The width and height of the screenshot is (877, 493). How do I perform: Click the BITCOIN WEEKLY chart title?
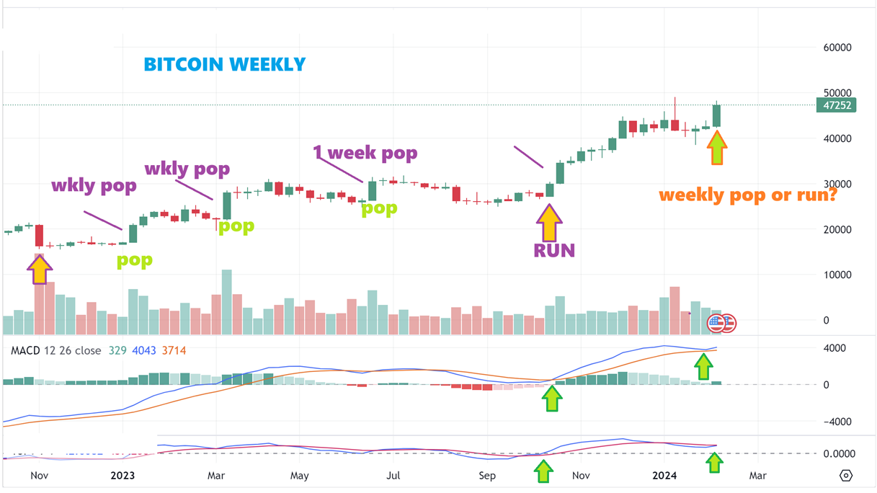tap(225, 65)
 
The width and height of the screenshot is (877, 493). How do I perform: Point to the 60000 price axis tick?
tap(837, 48)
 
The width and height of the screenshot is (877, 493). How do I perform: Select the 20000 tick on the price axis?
tap(837, 229)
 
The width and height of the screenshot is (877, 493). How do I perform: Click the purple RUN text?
tap(554, 250)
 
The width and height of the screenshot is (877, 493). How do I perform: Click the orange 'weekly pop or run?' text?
tap(747, 195)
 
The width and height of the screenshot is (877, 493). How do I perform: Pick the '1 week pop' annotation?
tap(365, 153)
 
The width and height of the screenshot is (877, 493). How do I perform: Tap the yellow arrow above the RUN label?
tap(549, 223)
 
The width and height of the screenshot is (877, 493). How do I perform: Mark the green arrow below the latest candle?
tap(716, 147)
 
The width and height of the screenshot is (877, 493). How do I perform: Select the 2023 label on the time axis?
tap(123, 476)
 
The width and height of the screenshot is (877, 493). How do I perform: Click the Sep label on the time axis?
tap(487, 476)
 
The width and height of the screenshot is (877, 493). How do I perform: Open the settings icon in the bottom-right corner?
tap(846, 476)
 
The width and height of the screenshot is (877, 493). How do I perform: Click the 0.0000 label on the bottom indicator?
tap(840, 453)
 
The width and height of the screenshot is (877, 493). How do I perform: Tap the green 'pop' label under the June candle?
tap(379, 209)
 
